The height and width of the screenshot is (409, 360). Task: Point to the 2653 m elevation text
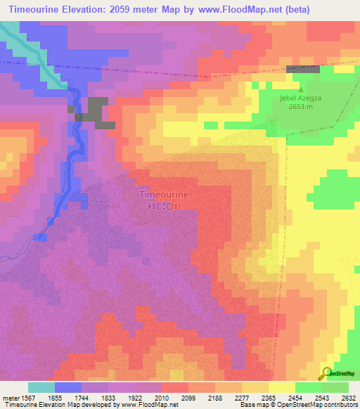[x=302, y=109]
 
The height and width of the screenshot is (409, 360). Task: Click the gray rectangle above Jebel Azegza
[x=302, y=69]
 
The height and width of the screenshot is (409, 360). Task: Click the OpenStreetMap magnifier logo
[x=326, y=373]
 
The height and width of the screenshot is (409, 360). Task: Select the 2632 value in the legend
[x=349, y=398]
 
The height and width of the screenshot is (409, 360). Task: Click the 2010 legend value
[x=162, y=398]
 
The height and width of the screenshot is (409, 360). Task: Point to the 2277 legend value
[x=243, y=398]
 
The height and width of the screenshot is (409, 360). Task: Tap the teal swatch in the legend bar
[x=41, y=387]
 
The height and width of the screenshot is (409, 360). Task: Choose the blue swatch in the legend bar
[x=67, y=387]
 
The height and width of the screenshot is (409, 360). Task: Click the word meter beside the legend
[x=11, y=398]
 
